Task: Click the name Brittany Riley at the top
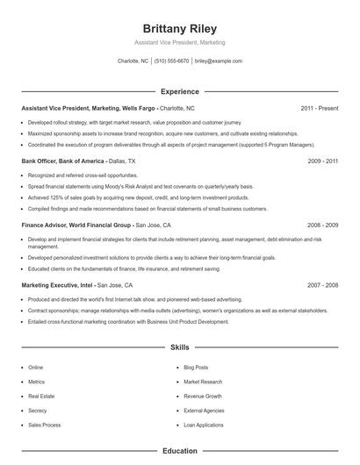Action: [180, 28]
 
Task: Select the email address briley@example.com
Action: [218, 61]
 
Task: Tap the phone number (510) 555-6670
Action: [171, 61]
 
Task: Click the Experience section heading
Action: [180, 91]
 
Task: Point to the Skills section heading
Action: [180, 347]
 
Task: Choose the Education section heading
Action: [180, 451]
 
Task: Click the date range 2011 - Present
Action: [319, 108]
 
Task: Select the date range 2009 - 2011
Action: [323, 162]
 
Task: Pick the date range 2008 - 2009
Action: [323, 225]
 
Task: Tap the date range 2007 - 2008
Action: [323, 286]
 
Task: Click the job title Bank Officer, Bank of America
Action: [61, 162]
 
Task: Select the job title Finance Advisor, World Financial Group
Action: [76, 225]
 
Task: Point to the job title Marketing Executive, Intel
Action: [57, 286]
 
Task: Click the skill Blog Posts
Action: [196, 368]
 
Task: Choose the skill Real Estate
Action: [40, 396]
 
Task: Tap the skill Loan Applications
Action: [203, 425]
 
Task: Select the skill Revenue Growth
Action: [203, 396]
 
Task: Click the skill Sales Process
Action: [45, 425]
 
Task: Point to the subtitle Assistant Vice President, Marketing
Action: [180, 42]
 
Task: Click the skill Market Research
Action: [203, 382]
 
